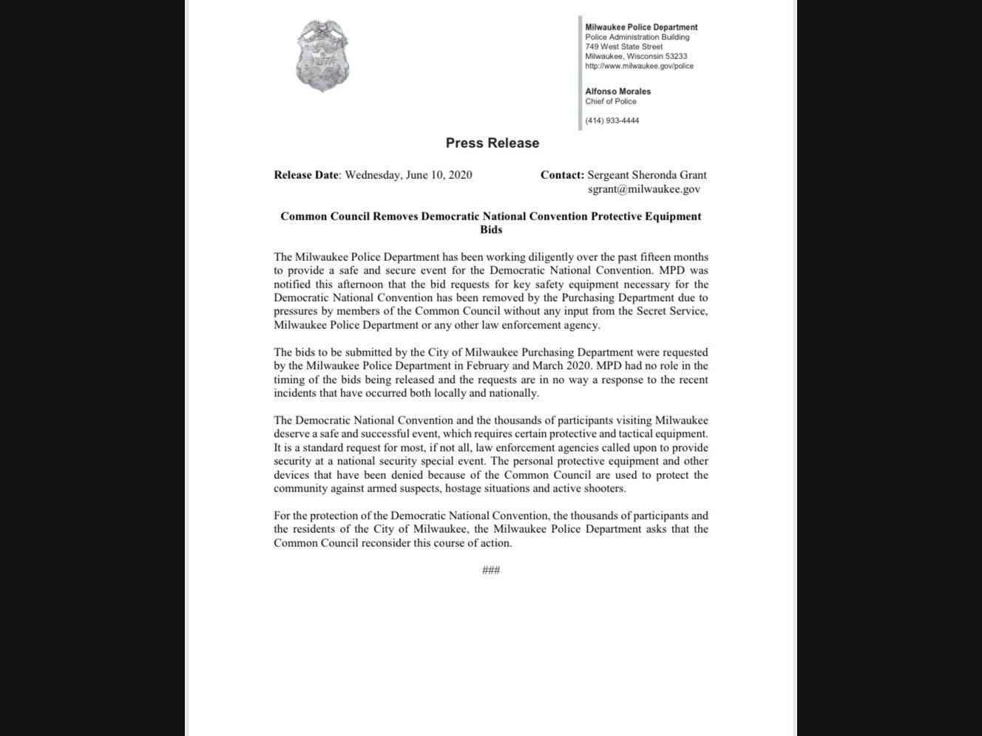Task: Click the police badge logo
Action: point(322,56)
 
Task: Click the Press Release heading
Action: point(492,143)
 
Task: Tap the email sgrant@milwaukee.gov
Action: point(644,189)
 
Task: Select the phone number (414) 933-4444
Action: point(612,120)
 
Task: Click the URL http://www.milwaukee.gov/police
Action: point(639,66)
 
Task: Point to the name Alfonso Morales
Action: point(618,92)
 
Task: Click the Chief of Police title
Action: point(611,101)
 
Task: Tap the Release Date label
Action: point(306,175)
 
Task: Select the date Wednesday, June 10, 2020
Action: point(408,175)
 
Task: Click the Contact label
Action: point(562,175)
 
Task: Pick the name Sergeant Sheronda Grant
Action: point(647,175)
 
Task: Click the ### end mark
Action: point(491,570)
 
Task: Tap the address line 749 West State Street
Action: point(624,47)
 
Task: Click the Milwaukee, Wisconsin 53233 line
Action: point(636,56)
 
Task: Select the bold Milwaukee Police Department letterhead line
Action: point(641,27)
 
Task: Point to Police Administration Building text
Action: point(637,37)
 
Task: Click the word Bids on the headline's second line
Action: point(491,230)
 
